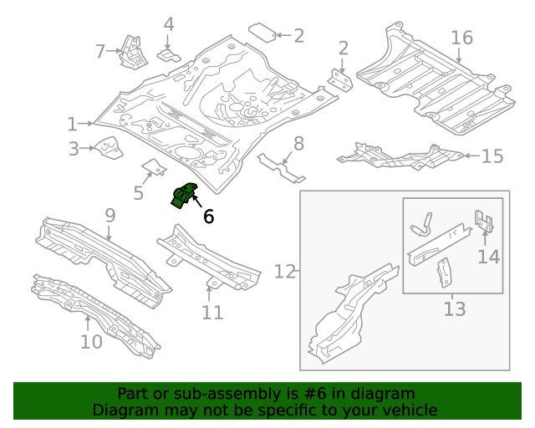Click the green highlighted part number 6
183,196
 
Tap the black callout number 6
208,217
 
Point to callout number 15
492,156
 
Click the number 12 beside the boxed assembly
284,272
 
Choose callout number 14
488,256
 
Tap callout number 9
110,216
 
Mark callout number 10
90,341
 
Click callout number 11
212,313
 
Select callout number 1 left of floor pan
73,125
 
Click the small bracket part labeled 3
108,149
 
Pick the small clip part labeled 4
169,54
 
